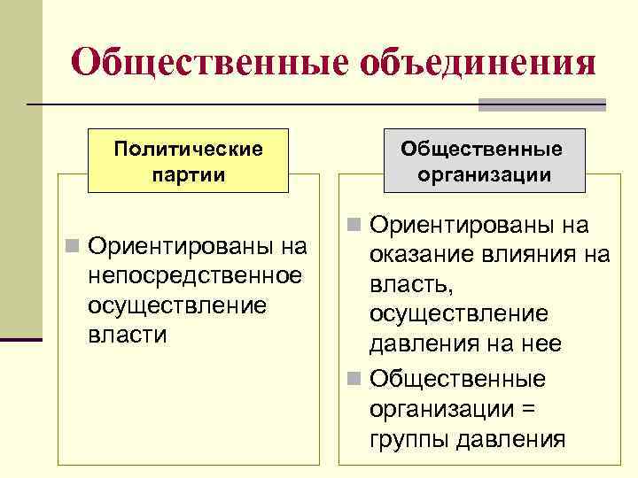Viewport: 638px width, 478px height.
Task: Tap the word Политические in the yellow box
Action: click(188, 147)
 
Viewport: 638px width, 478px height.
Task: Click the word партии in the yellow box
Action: click(188, 173)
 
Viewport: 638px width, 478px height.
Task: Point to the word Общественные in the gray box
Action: click(485, 148)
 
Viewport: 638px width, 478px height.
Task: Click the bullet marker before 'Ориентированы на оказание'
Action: click(354, 227)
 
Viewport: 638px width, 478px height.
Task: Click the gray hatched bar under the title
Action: click(541, 105)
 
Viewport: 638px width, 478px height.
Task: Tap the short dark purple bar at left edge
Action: click(21, 338)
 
